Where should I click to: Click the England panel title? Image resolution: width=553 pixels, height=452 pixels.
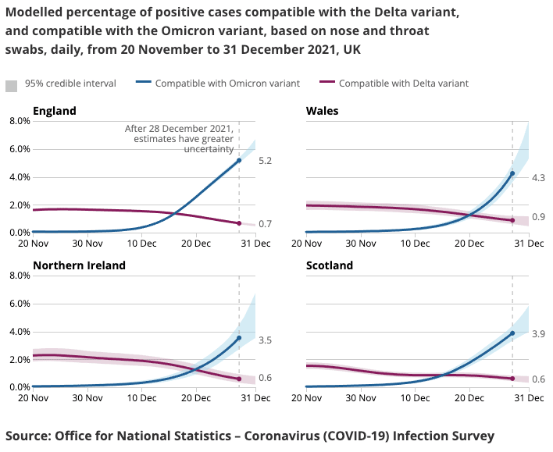click(55, 111)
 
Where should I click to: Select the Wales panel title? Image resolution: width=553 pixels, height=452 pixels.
click(323, 111)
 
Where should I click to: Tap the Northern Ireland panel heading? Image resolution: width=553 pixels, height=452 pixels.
click(79, 265)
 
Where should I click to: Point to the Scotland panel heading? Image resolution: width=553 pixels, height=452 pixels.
click(330, 265)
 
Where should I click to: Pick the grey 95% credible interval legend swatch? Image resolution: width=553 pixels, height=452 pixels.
click(12, 84)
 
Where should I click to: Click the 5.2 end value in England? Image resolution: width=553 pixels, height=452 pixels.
click(265, 161)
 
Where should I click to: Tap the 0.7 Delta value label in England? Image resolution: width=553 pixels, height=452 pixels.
click(265, 224)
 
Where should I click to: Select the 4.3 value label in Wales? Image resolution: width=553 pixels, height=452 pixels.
click(538, 179)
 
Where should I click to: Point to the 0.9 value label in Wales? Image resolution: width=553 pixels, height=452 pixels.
click(538, 217)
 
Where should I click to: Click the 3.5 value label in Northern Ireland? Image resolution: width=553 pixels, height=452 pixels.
click(265, 341)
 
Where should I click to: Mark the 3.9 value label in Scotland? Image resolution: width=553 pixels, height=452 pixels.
click(538, 334)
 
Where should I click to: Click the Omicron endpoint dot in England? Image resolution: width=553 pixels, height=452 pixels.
click(239, 161)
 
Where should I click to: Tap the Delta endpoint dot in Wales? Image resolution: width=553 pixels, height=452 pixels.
click(512, 220)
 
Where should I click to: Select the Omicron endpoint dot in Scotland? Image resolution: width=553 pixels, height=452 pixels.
click(512, 333)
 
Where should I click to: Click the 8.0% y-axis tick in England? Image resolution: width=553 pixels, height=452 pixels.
click(18, 121)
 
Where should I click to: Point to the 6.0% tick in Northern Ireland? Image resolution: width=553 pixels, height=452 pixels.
click(18, 304)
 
